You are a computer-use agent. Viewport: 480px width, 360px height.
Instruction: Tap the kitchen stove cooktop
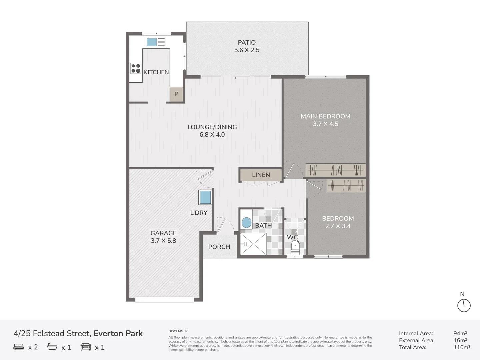(136, 68)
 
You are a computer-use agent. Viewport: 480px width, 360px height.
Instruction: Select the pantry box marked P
(176, 94)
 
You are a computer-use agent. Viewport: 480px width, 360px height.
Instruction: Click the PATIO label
(247, 43)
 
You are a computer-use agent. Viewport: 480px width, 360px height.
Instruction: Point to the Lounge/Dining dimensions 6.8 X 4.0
(212, 135)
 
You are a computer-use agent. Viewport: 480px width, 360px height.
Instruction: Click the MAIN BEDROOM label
(325, 116)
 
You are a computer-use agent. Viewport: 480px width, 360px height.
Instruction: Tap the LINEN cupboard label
(261, 175)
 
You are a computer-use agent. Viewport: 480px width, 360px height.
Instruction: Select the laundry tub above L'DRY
(205, 197)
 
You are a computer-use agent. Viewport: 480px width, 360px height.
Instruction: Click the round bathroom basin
(246, 223)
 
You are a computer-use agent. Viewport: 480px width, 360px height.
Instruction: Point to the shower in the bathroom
(253, 244)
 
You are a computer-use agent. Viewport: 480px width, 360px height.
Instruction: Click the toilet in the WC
(295, 246)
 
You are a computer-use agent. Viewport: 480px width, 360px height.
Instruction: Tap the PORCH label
(219, 247)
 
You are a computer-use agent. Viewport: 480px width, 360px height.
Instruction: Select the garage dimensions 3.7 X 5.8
(163, 241)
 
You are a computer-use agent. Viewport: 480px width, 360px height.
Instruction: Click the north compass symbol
(464, 305)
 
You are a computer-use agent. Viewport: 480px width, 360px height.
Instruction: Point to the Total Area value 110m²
(462, 347)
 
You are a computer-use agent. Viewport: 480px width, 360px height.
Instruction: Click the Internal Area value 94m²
(460, 333)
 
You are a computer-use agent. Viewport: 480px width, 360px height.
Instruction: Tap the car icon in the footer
(86, 347)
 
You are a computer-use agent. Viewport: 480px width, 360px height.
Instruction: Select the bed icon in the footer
(19, 347)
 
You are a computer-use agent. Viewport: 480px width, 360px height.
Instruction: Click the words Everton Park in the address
(118, 333)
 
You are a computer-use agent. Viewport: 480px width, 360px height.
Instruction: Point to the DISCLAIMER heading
(178, 331)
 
